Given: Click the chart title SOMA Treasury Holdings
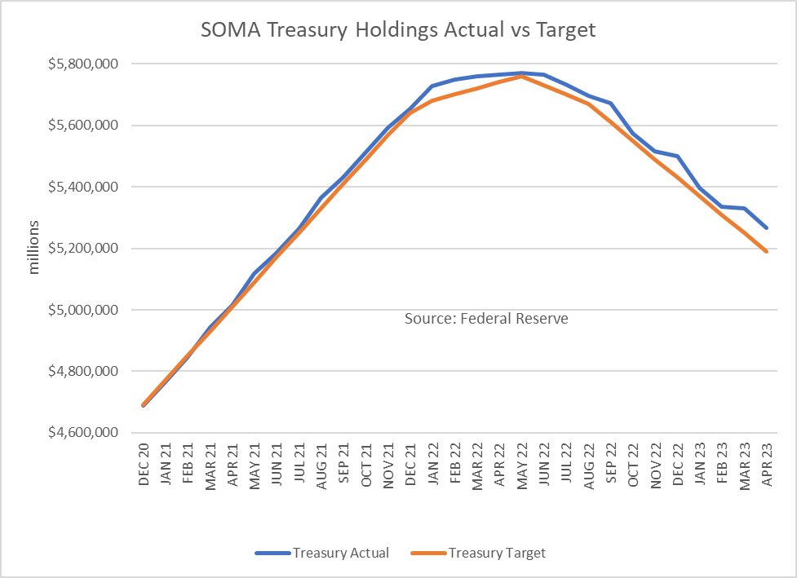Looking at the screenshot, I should [x=398, y=31].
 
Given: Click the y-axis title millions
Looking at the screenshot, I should [x=34, y=246].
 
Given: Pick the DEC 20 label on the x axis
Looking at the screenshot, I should [x=144, y=466].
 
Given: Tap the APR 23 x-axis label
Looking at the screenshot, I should [x=768, y=466].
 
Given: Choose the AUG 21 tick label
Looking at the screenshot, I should [x=321, y=466].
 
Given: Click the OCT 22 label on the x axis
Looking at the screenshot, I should [x=634, y=466].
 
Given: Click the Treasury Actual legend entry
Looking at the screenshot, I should [x=322, y=553].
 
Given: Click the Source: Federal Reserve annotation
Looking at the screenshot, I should [x=486, y=319].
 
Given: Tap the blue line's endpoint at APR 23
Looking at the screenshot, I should [x=768, y=227].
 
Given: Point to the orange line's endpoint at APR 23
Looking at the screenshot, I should [x=768, y=251].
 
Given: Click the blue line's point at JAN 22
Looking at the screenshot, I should [x=433, y=86].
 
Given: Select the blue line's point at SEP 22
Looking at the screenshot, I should [x=611, y=104].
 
